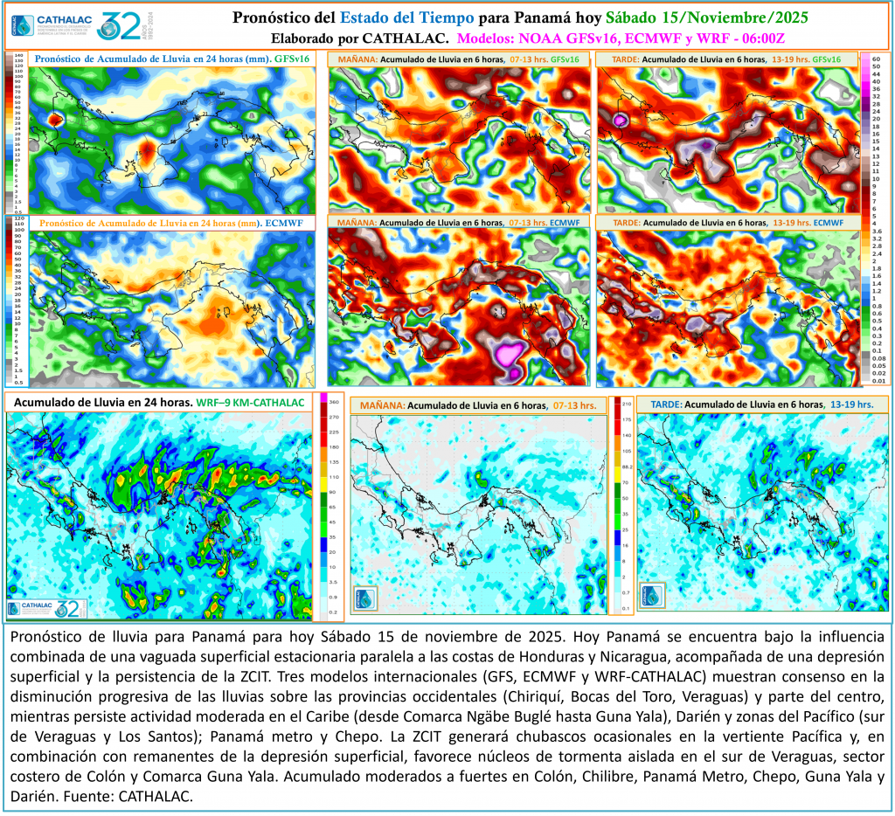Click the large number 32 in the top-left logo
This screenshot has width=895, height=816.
[x=117, y=26]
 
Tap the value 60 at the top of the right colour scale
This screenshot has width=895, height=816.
[x=877, y=58]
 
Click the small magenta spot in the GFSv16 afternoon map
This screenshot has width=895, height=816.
[x=622, y=118]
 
